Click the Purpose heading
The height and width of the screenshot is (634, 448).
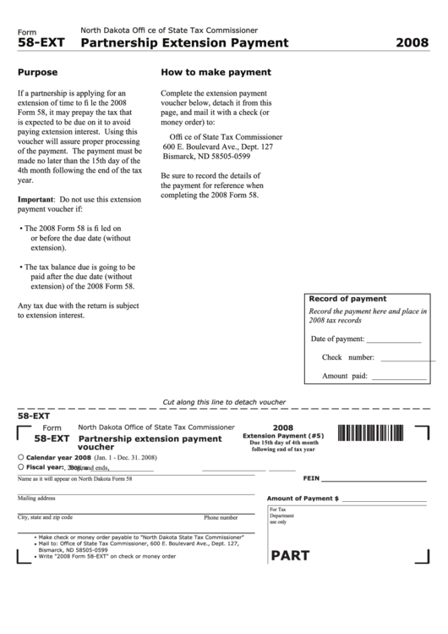37,73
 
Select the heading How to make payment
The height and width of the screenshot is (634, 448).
216,73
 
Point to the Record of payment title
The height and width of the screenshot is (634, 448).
347,299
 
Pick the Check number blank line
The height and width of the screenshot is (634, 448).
399,358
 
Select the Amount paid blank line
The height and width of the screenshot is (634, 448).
399,377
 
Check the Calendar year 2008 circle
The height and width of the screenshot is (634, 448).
20,457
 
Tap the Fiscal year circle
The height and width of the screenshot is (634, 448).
20,466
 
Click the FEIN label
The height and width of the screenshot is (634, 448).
310,478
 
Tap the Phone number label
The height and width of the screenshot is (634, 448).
222,517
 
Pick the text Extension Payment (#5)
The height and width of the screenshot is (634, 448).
283,436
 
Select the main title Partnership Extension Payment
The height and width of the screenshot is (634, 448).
183,42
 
